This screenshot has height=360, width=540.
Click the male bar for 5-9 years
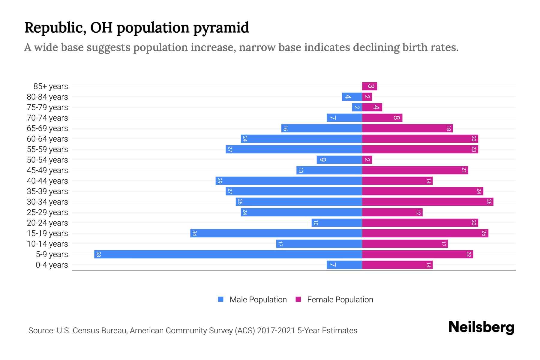tap(228, 254)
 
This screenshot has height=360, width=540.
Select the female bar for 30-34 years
tap(427, 202)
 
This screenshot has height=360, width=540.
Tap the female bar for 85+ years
tap(369, 86)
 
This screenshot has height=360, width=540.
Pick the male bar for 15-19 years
tap(276, 233)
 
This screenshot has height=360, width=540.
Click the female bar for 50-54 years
tap(367, 160)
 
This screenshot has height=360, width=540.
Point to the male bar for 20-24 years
tap(337, 223)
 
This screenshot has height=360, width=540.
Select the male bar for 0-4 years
tap(344, 265)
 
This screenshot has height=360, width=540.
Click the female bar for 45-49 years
tap(415, 170)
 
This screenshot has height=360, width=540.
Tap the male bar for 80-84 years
tap(352, 97)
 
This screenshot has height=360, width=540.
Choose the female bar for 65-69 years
tap(407, 128)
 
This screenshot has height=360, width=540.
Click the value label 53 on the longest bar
tap(98, 254)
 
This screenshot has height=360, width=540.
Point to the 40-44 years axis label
tap(47, 181)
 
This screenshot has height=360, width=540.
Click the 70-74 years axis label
tap(47, 118)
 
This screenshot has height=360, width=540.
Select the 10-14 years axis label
tap(47, 244)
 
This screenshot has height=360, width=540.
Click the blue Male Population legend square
tap(221, 299)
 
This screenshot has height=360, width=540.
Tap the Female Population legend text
tap(340, 300)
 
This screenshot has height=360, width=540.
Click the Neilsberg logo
tap(481, 327)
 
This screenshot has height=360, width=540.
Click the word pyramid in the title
tap(221, 28)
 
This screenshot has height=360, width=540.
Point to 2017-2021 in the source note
tap(276, 331)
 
